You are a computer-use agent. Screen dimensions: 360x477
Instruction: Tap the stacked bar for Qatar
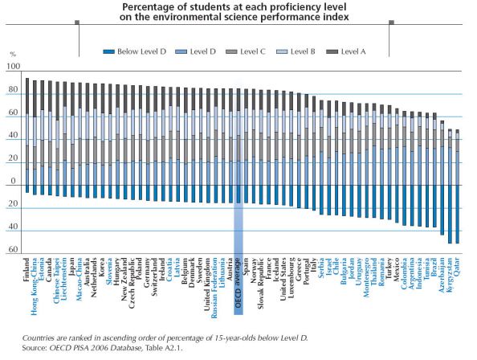(x=456, y=185)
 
